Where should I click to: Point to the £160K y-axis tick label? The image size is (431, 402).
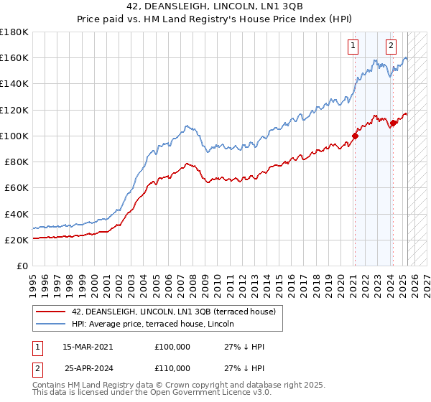point(14,57)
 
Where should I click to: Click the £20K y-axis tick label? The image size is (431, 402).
point(16,240)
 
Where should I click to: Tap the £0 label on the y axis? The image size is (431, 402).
point(22,266)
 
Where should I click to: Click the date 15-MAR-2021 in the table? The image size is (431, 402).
point(88,347)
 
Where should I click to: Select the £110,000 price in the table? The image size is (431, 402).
point(172,368)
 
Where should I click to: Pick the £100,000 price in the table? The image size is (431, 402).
point(172,347)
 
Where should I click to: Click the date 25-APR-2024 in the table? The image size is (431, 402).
point(88,368)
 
